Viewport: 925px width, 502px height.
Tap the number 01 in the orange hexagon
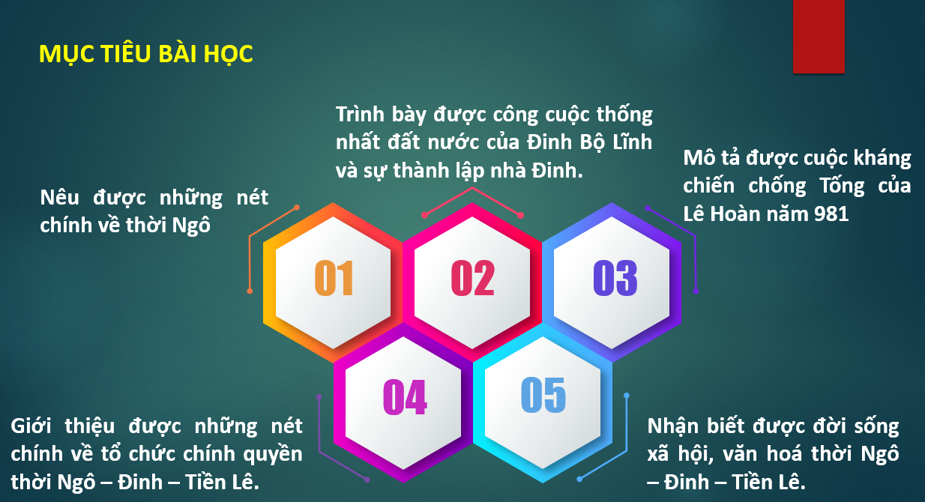(334, 278)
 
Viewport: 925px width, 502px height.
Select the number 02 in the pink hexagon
(473, 278)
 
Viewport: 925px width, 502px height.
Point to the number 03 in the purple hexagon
(615, 278)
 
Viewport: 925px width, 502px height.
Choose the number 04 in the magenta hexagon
(405, 396)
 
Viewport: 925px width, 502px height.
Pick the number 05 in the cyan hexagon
(543, 395)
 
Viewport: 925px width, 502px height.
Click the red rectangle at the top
(819, 36)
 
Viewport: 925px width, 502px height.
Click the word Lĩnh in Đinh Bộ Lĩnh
(632, 142)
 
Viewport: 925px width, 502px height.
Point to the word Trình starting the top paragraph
(360, 114)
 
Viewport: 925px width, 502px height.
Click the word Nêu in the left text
(59, 197)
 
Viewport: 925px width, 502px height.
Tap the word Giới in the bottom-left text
(31, 426)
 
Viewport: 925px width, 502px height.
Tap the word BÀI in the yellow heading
(178, 54)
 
